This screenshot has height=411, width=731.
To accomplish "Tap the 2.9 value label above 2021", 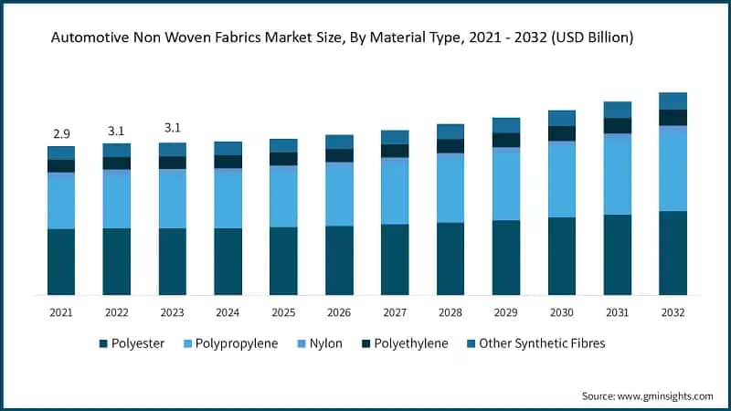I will pyautogui.click(x=61, y=133).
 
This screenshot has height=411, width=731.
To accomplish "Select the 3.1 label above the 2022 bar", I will pyautogui.click(x=116, y=132).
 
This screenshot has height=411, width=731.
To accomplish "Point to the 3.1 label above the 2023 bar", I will pyautogui.click(x=172, y=128).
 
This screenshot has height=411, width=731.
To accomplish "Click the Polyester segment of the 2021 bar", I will pyautogui.click(x=61, y=261).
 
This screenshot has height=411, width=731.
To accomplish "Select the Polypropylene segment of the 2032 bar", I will pyautogui.click(x=673, y=170).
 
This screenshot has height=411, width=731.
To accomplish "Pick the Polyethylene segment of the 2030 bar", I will pyautogui.click(x=562, y=133).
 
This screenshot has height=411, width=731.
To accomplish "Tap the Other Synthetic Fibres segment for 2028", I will pyautogui.click(x=450, y=132).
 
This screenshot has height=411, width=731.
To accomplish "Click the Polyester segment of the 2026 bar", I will pyautogui.click(x=339, y=259).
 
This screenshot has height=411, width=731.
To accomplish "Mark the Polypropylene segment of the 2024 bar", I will pyautogui.click(x=228, y=199).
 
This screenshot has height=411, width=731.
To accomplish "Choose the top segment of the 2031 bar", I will pyautogui.click(x=618, y=110).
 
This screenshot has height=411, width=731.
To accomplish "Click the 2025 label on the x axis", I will pyautogui.click(x=283, y=312).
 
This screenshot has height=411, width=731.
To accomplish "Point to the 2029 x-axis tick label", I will pyautogui.click(x=506, y=312).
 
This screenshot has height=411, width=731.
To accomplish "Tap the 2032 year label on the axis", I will pyautogui.click(x=673, y=312).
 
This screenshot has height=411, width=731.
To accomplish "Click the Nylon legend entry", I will pyautogui.click(x=319, y=344).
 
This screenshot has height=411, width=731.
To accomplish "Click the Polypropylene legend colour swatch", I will pyautogui.click(x=188, y=344).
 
